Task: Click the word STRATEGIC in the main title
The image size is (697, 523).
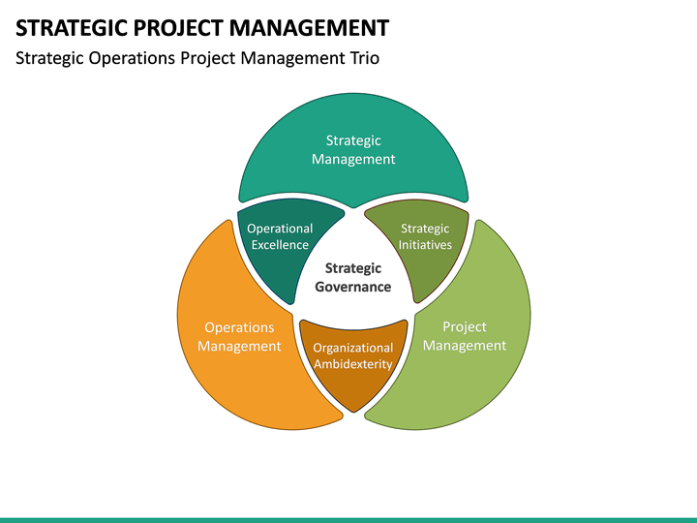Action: click(x=69, y=26)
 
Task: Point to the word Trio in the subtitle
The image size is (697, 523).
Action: click(x=362, y=58)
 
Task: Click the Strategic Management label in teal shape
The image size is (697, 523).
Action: click(x=353, y=150)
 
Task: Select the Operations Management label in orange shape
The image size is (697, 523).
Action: click(x=239, y=337)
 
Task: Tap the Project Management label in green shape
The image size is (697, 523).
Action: click(x=465, y=336)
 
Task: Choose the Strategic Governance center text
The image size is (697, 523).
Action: click(x=353, y=277)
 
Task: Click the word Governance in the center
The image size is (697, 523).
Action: click(x=353, y=287)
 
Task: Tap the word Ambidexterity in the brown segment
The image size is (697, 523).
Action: click(x=352, y=365)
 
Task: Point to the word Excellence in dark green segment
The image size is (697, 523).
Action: click(x=280, y=245)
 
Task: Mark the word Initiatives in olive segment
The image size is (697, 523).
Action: click(x=425, y=245)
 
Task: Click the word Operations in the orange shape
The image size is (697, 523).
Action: click(x=239, y=327)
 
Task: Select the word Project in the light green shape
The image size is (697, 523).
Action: click(x=465, y=326)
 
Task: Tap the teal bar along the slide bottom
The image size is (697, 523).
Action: click(x=348, y=519)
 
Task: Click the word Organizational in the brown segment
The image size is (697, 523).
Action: click(x=352, y=348)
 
